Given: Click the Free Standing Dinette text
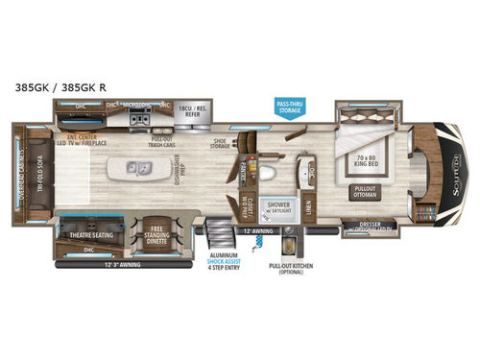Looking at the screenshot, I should coord(152,231).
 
